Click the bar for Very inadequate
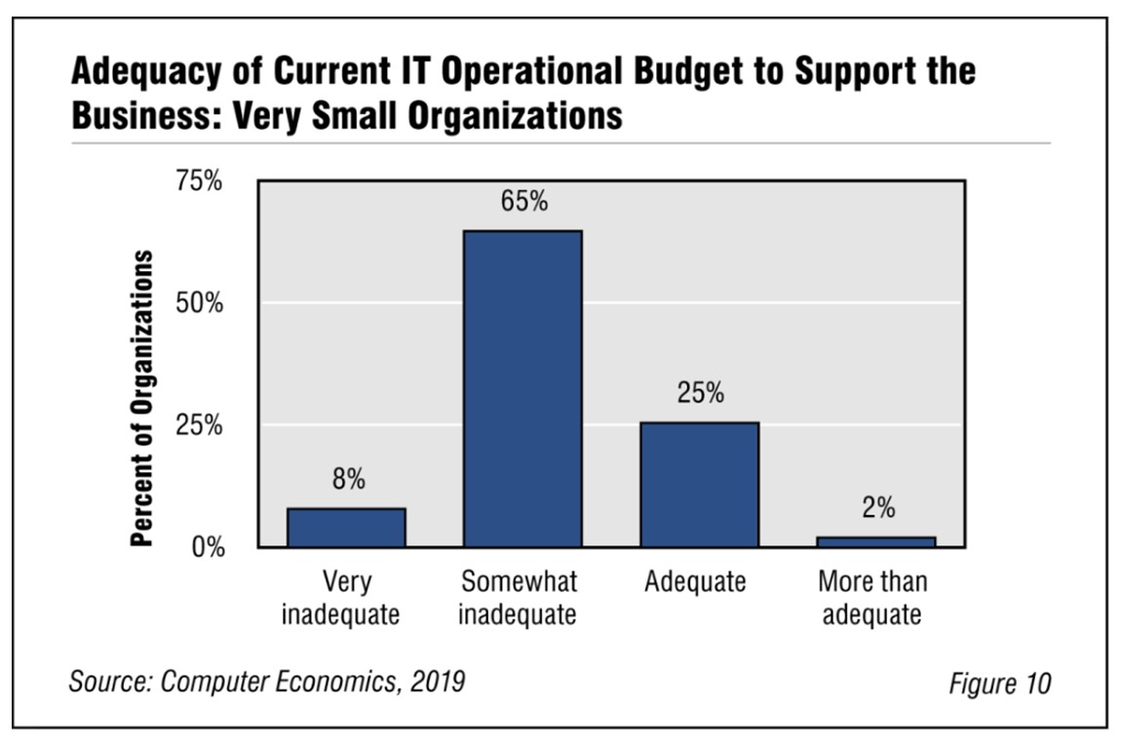click(346, 528)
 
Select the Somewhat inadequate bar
click(523, 389)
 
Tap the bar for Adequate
click(699, 485)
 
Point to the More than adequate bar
click(875, 541)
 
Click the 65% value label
click(524, 203)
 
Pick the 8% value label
click(348, 480)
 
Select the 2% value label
click(877, 509)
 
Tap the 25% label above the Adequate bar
click(701, 394)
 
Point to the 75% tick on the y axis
click(199, 181)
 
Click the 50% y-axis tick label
click(199, 303)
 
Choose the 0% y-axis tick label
click(206, 547)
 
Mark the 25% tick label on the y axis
click(199, 425)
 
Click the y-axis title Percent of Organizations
click(143, 397)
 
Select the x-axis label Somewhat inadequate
click(519, 599)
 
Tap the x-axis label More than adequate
click(872, 599)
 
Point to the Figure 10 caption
click(1000, 684)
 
